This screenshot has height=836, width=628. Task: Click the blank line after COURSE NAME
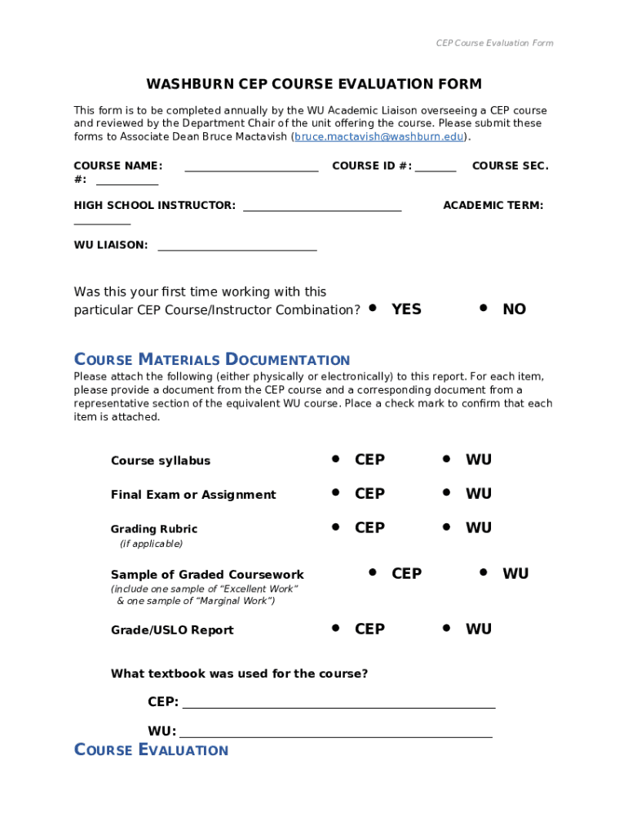(x=251, y=170)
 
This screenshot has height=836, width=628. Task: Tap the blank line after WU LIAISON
(x=237, y=249)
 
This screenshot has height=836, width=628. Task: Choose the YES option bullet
(x=373, y=308)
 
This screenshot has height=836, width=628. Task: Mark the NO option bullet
(x=484, y=308)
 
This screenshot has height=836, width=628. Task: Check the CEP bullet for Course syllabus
(x=335, y=459)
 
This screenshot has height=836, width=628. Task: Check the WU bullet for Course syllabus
(x=446, y=459)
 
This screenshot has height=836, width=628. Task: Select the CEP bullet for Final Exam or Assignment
(x=335, y=492)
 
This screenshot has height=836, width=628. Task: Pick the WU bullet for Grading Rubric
(x=446, y=527)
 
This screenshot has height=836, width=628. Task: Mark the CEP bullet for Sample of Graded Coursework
(x=372, y=572)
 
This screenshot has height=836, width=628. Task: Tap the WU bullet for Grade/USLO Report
(x=446, y=628)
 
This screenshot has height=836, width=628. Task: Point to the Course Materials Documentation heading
(x=212, y=360)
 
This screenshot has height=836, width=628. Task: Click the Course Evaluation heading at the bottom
(x=151, y=750)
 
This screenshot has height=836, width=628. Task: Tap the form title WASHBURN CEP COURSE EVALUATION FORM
(x=314, y=84)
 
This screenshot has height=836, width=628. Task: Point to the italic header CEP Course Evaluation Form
(x=494, y=43)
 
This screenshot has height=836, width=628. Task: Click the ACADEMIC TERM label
(x=493, y=206)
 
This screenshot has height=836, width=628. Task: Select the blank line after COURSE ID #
(x=436, y=170)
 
